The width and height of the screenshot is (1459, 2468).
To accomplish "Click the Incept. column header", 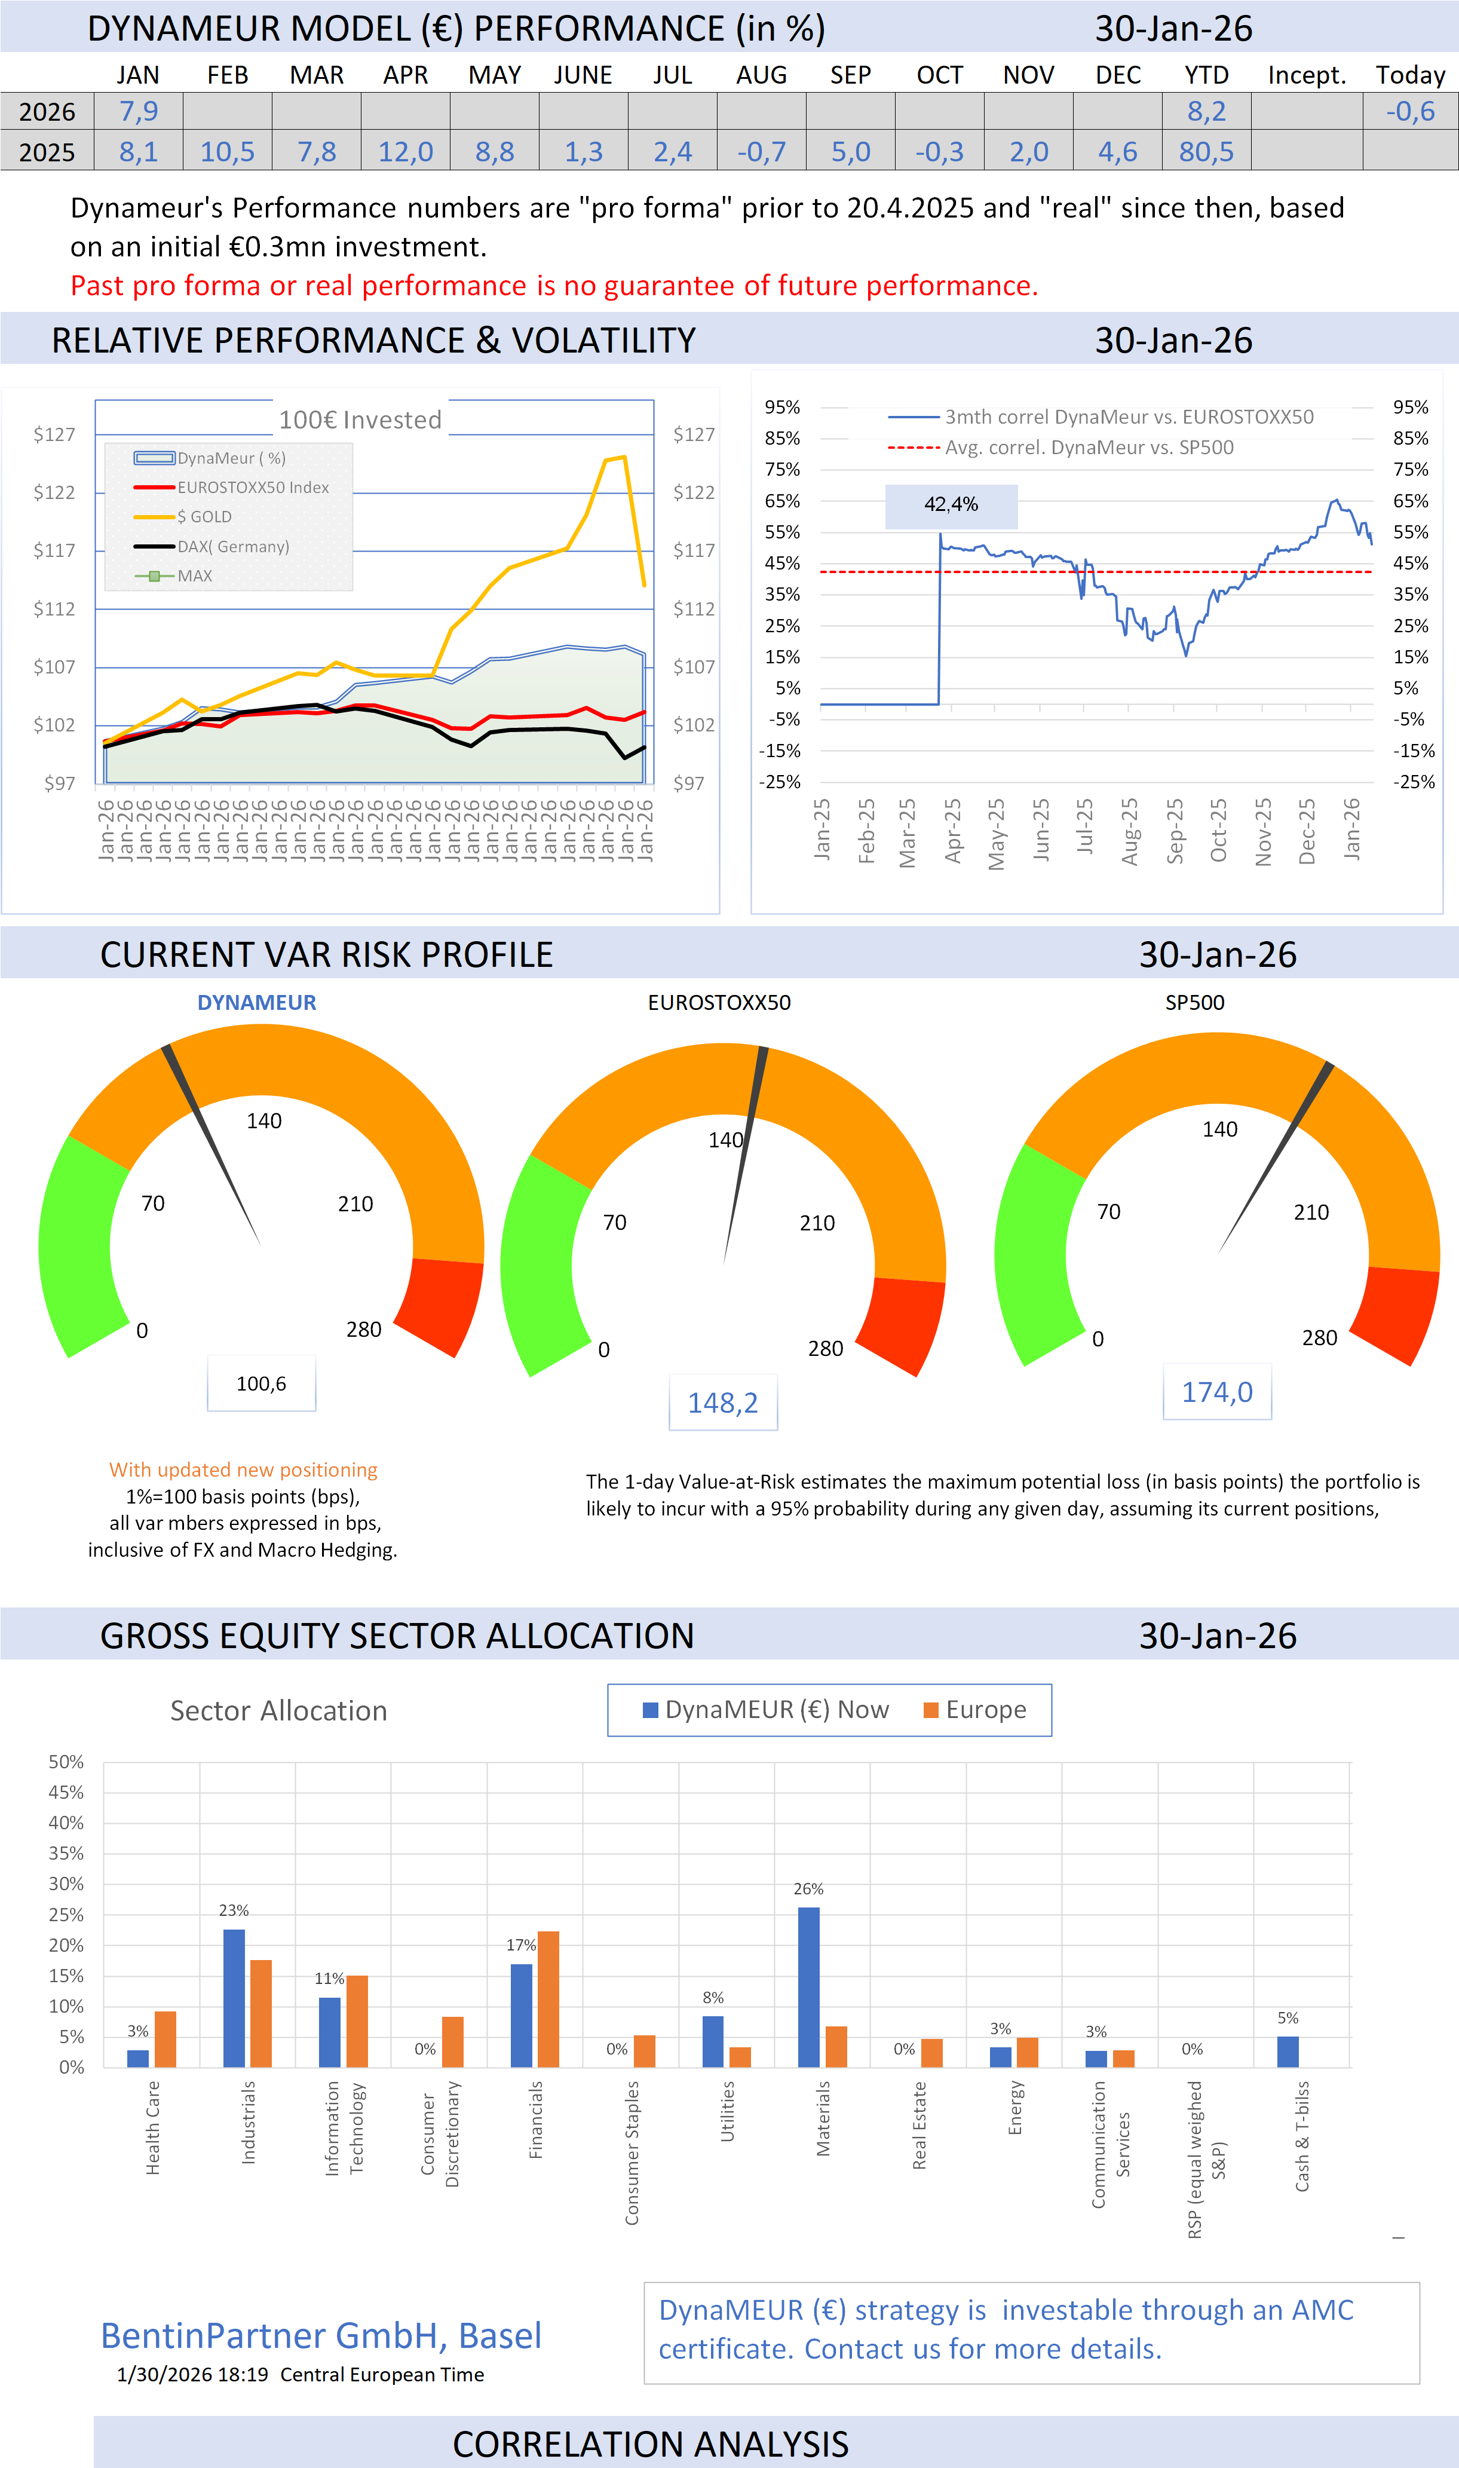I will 1307,76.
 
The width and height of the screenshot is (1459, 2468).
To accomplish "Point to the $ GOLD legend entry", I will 204,517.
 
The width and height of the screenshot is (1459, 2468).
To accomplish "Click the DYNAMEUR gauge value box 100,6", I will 262,1383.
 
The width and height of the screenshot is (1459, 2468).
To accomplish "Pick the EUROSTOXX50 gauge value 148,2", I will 722,1403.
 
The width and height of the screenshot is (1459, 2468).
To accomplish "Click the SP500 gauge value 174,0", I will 1217,1392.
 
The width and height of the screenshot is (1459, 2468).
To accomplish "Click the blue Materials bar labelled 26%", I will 808,1986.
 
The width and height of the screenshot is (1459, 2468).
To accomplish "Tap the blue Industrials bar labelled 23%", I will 234,1997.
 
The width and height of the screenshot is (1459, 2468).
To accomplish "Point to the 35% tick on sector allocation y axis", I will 67,1854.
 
